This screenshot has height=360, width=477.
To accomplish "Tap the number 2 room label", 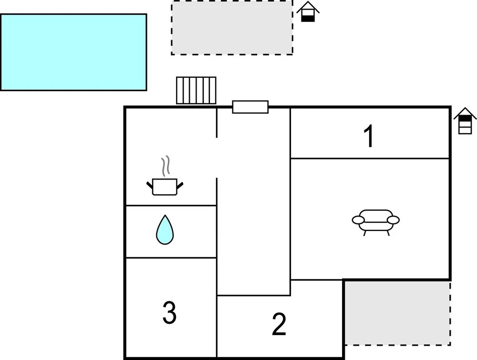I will click(x=279, y=324).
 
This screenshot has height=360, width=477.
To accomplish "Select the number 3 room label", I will click(x=169, y=313).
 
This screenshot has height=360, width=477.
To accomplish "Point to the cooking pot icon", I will click(x=165, y=186).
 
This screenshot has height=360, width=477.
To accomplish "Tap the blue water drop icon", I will click(x=165, y=230).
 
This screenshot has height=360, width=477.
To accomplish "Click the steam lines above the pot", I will click(x=166, y=166).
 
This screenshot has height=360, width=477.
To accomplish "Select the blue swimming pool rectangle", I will click(x=73, y=52).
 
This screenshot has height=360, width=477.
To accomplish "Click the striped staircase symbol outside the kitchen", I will click(x=196, y=90).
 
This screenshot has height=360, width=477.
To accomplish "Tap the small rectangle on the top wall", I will click(x=250, y=107).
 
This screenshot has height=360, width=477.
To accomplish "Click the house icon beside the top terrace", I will click(x=308, y=12).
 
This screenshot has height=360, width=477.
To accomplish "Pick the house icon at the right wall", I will click(x=465, y=121).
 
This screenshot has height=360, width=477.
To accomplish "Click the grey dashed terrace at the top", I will click(x=232, y=28).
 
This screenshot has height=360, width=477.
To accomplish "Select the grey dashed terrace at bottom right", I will click(x=397, y=313).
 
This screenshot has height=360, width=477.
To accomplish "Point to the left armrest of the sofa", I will click(x=358, y=220).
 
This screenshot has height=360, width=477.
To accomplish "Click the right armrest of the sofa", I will click(x=393, y=220).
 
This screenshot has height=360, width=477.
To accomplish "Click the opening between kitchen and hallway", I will click(x=217, y=158).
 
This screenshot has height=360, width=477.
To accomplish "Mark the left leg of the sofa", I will click(x=365, y=233).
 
